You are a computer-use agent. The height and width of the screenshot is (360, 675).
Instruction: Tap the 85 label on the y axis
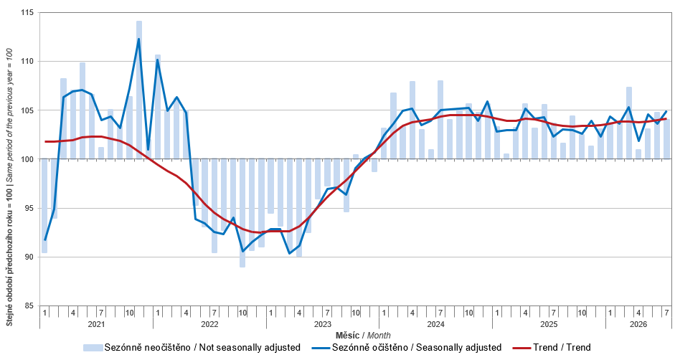[x=29, y=305]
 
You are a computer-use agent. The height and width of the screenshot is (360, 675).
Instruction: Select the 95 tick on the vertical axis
[x=29, y=208]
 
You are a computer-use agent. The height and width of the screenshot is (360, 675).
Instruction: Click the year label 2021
[x=96, y=324]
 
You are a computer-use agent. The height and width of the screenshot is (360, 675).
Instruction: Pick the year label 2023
[x=322, y=324]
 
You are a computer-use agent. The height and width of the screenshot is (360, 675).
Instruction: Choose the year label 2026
[x=638, y=324]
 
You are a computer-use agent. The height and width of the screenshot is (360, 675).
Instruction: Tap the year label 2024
[x=435, y=324]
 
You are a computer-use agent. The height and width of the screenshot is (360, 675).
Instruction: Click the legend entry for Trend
[x=552, y=348]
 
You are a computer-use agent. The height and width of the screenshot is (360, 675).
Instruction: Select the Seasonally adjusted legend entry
[x=412, y=348]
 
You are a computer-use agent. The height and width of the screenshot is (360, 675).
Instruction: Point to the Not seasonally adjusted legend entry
[x=192, y=348]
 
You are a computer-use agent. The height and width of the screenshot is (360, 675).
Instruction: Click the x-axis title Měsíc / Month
[x=363, y=335]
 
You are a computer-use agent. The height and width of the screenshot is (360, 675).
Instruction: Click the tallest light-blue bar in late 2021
[x=139, y=90]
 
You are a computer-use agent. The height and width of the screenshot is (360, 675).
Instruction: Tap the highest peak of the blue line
[x=138, y=39]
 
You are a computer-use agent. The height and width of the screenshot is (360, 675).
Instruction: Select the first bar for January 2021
[x=44, y=206]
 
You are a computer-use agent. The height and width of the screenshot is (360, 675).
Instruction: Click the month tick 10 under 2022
[x=242, y=313]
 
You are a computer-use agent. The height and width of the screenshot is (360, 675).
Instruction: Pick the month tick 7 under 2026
[x=667, y=313]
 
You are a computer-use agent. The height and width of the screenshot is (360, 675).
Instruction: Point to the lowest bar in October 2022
[x=242, y=213]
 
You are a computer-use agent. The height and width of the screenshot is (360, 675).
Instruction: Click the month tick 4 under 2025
[x=525, y=313]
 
